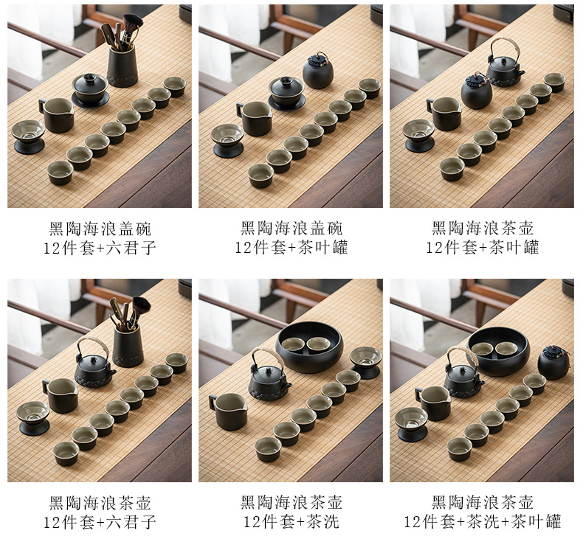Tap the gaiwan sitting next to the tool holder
point(90,90)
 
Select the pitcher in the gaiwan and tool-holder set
point(58,115)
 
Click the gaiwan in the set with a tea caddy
point(286,93)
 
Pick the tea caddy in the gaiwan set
point(318,71)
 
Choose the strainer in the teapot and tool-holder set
point(32,418)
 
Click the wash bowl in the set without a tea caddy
point(309,347)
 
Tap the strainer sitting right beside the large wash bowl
point(365,362)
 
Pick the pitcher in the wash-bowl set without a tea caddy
point(228,411)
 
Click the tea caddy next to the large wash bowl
point(554,362)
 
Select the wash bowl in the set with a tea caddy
point(498,352)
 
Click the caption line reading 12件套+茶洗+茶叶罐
point(482,522)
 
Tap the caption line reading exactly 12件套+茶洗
point(291,522)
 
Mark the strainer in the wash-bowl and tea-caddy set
point(412,424)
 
